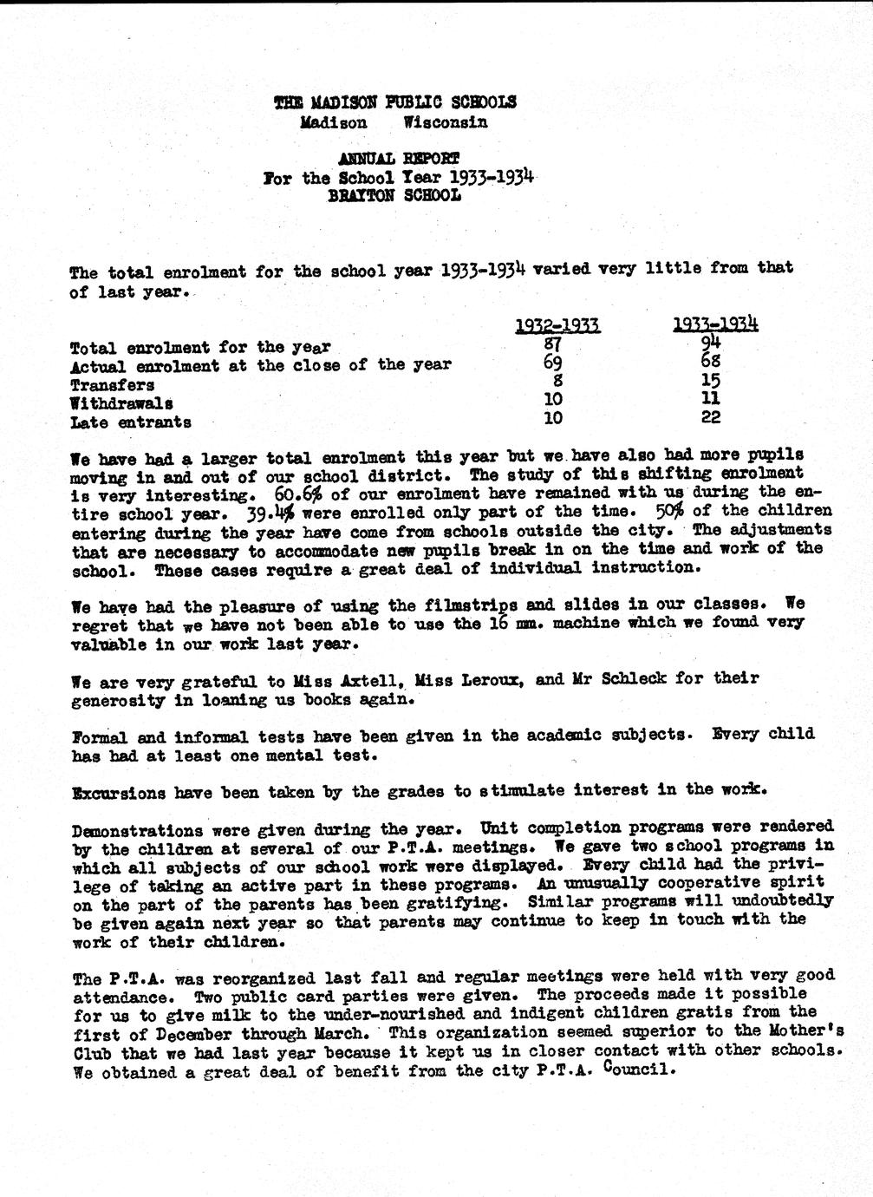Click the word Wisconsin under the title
[x=446, y=122]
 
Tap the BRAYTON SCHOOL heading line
[x=394, y=195]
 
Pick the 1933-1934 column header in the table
[x=715, y=324]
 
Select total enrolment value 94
[x=712, y=342]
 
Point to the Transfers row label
[x=113, y=384]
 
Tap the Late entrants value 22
[x=711, y=416]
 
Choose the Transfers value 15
[x=711, y=380]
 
